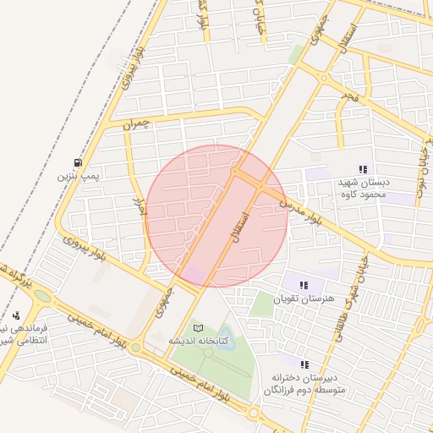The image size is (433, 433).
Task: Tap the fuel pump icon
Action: tap(78, 162)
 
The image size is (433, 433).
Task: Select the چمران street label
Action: tap(135, 124)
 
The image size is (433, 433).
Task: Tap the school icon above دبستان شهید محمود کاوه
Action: tap(364, 169)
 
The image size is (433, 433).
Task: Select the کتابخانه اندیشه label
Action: tap(196, 341)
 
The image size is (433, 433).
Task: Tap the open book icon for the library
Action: tap(199, 327)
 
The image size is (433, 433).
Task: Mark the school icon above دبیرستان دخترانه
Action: tap(304, 364)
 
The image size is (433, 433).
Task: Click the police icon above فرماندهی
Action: tap(15, 315)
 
